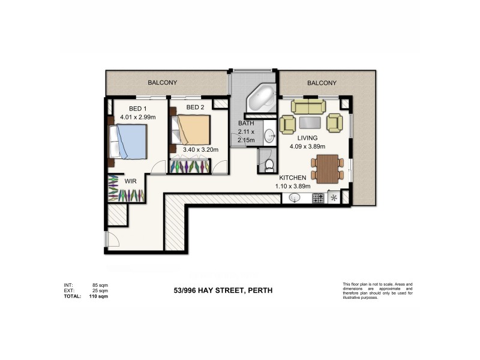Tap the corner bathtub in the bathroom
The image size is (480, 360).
[x=261, y=98]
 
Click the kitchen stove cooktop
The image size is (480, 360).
[x=317, y=197]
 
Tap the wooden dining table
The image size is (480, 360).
[x=326, y=168]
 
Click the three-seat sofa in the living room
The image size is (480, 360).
[x=308, y=107]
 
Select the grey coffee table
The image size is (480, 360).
[x=309, y=123]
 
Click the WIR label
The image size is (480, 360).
[x=131, y=180]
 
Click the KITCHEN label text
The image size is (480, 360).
[x=293, y=178]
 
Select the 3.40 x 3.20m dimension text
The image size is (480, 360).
[x=200, y=150]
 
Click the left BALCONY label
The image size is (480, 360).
[x=162, y=83]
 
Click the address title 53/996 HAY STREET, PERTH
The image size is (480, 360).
[x=223, y=290]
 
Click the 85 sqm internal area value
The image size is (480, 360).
[x=100, y=284]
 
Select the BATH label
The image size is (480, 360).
[x=246, y=124]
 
